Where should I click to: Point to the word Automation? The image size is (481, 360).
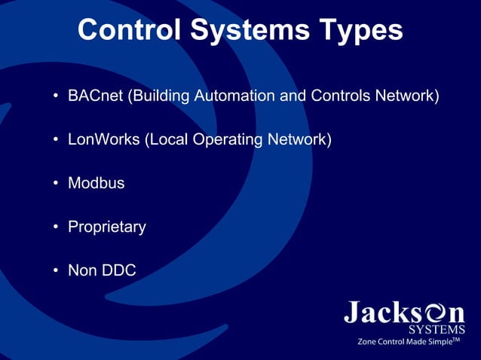[227, 97]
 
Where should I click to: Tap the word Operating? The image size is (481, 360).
[228, 140]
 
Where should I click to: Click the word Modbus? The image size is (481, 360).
[97, 183]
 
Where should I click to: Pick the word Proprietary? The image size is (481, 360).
[107, 227]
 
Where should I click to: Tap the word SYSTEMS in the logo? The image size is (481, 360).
[437, 328]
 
